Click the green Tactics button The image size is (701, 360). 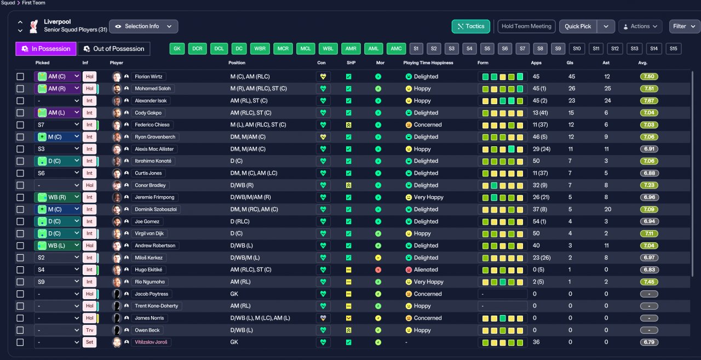[x=470, y=26]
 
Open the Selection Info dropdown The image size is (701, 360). [x=143, y=26]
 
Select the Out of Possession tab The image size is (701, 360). [x=114, y=49]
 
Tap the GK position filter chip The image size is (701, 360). [x=177, y=49]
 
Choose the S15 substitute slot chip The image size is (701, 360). [x=674, y=49]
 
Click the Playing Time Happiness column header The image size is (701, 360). [x=428, y=62]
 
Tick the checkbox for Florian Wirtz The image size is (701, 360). [x=20, y=76]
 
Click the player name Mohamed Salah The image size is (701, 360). [x=153, y=89]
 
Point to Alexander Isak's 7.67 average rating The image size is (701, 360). [x=649, y=101]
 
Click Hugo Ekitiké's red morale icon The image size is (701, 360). [x=378, y=270]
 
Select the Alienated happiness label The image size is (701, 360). [x=426, y=270]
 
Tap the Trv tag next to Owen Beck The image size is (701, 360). [x=89, y=330]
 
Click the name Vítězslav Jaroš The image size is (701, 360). [x=151, y=342]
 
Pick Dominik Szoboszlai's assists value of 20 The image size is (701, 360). [x=608, y=209]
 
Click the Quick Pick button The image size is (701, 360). [x=578, y=26]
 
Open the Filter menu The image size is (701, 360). [x=684, y=26]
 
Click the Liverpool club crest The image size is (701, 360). [x=34, y=26]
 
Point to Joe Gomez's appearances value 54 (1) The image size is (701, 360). [x=539, y=221]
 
